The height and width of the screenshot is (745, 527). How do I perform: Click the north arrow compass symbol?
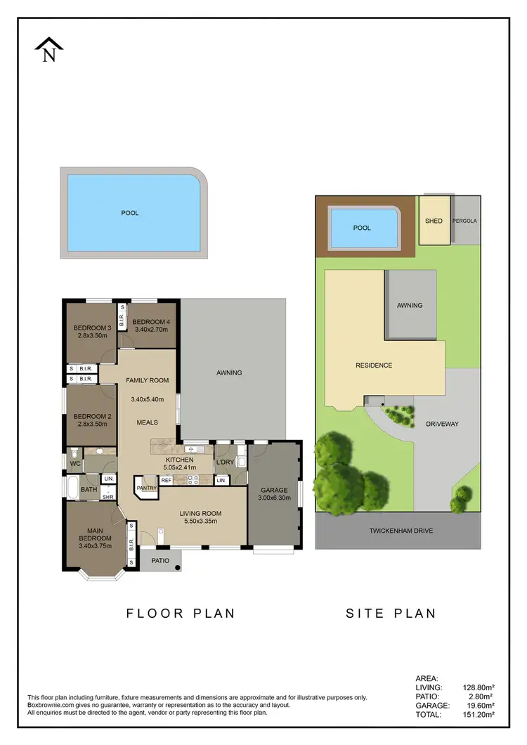49,51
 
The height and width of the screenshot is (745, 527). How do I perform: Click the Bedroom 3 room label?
93,328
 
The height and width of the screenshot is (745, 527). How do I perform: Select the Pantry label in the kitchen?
146,488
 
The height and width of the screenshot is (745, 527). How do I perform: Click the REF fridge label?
167,480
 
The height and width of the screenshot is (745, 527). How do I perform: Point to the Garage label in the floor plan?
274,491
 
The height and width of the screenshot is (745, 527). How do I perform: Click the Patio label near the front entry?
160,560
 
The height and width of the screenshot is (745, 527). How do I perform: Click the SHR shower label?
108,497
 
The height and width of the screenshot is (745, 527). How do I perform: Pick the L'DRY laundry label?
224,462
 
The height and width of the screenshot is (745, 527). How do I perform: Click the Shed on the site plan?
434,221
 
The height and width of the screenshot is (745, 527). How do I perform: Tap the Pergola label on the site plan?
464,221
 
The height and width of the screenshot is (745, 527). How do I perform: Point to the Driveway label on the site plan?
441,424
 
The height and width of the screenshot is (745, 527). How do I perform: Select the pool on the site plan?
362,228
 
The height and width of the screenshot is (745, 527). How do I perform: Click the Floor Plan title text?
181,613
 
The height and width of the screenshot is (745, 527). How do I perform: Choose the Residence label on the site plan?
373,365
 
